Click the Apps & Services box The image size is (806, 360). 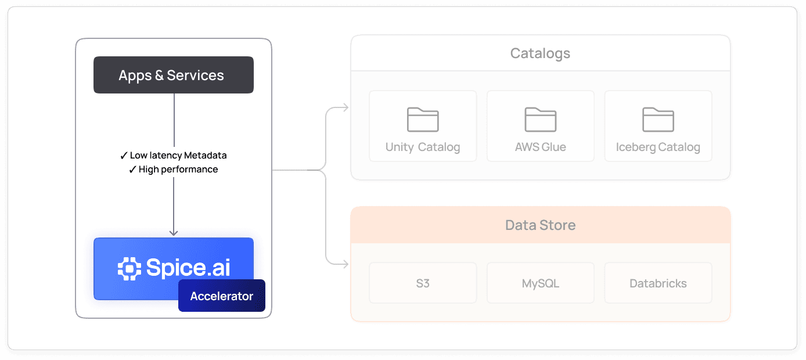[174, 75]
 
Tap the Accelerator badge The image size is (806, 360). [221, 296]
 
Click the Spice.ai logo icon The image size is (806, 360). [129, 268]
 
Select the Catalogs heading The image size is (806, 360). [540, 53]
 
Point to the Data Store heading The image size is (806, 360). [540, 225]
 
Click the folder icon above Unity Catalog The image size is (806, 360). [423, 120]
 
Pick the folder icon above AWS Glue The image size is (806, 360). [541, 120]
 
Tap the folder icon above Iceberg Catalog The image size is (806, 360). [658, 120]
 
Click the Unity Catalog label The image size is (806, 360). [423, 147]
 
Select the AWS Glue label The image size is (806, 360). [541, 147]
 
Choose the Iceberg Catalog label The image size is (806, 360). [658, 147]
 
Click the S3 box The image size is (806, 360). [423, 283]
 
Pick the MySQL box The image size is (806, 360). [541, 283]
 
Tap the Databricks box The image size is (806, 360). [658, 283]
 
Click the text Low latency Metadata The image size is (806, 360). [178, 156]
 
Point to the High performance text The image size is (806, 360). [178, 170]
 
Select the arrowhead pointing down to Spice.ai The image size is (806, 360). [174, 232]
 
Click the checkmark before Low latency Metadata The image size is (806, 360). [124, 156]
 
